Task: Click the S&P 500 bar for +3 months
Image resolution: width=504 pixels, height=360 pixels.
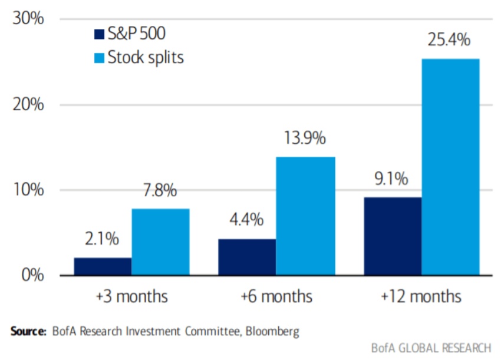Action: pyautogui.click(x=103, y=266)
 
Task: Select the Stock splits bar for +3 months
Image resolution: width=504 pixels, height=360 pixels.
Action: pyautogui.click(x=160, y=242)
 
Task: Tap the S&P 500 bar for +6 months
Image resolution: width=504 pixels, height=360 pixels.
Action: pyautogui.click(x=247, y=257)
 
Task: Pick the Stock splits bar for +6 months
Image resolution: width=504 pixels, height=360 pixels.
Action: pyautogui.click(x=305, y=216)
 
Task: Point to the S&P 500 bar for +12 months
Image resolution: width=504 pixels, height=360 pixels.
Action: pyautogui.click(x=392, y=236)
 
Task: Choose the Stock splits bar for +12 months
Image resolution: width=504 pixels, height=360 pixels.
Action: pyautogui.click(x=450, y=167)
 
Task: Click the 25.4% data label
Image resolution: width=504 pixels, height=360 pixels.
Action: pyautogui.click(x=449, y=40)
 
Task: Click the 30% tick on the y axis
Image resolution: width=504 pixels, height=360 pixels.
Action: pyautogui.click(x=28, y=19)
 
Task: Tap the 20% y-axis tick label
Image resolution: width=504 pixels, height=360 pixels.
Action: pyautogui.click(x=28, y=105)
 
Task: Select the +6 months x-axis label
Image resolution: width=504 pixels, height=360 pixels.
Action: pyautogui.click(x=276, y=295)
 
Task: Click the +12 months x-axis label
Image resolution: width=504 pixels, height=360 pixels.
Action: pyautogui.click(x=421, y=295)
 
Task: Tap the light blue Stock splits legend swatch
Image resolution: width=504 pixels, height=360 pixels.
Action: pyautogui.click(x=98, y=57)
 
